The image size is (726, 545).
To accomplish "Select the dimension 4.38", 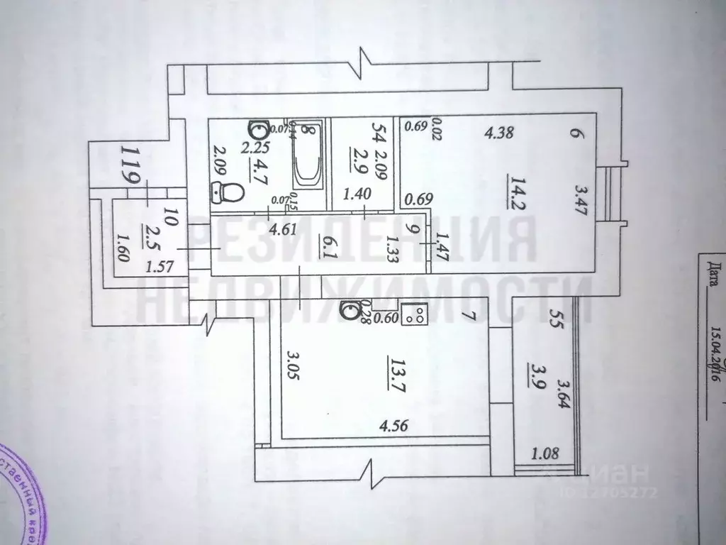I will point(499,131).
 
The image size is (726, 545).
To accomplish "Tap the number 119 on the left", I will point(131,165).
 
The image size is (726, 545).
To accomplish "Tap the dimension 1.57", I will point(160,266).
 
